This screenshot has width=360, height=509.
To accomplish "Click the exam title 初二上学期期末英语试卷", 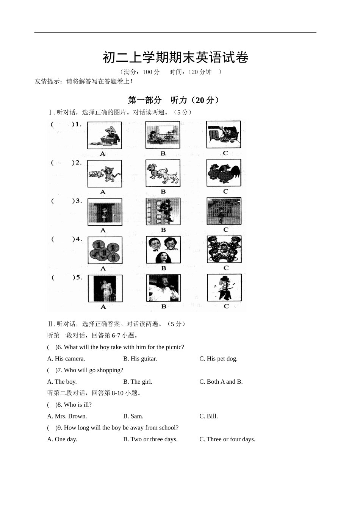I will tap(175, 58).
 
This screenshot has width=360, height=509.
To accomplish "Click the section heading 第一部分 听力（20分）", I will tap(174, 100).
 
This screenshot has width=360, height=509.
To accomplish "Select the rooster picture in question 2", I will tap(224, 173).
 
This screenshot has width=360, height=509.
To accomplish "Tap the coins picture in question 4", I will tap(105, 250).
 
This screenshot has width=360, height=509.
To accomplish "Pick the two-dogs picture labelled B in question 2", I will tap(163, 173).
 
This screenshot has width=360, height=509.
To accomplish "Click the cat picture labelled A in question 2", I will tap(105, 173).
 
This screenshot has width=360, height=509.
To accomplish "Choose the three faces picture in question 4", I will tap(163, 250).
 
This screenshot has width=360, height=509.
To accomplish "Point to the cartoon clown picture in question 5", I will tap(224, 287).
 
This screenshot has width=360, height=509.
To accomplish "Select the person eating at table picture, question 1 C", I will tap(224, 134).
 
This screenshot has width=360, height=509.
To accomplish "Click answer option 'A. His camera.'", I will tap(66, 359).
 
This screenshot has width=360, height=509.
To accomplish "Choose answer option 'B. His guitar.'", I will tap(140, 359).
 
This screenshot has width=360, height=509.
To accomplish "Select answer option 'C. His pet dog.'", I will tap(218, 359).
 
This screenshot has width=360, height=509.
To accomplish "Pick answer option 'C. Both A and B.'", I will tap(221, 382).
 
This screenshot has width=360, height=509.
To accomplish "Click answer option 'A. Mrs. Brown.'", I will tap(67, 416).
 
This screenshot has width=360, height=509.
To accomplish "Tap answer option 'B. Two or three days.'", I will tap(150, 439).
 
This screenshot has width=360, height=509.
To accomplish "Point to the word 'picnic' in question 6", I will tap(174, 347).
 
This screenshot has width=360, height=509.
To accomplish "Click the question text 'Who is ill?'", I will tap(78, 405).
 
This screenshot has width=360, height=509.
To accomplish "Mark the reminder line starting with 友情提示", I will tap(83, 81).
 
